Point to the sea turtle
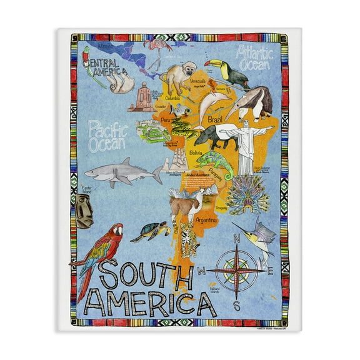coord(149,232)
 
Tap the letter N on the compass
coord(236,238)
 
